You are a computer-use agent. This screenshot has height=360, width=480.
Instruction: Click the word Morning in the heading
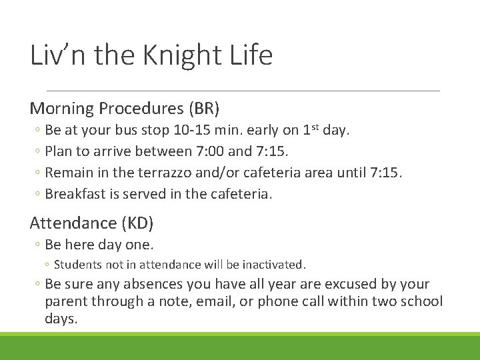[x=63, y=108]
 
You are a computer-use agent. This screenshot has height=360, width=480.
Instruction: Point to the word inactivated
[x=272, y=265]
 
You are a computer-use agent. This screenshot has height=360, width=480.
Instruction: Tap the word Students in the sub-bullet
[x=76, y=265]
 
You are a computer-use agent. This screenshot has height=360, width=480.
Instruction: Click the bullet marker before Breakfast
[x=39, y=195]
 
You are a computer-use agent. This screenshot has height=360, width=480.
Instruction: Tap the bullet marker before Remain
[x=39, y=173]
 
